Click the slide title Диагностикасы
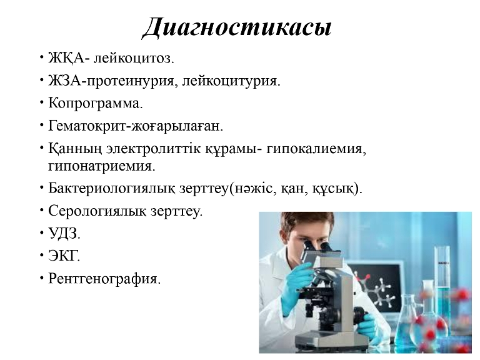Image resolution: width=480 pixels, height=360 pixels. click(237, 28)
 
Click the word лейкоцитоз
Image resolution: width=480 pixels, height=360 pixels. click(134, 58)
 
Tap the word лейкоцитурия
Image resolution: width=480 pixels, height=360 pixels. click(231, 81)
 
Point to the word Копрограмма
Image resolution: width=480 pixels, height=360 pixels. click(96, 104)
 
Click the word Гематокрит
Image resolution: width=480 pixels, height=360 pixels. click(87, 126)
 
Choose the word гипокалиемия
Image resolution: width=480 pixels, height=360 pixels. click(316, 149)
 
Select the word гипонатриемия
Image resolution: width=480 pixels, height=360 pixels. click(102, 166)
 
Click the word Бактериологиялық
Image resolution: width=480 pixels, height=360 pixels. click(112, 188)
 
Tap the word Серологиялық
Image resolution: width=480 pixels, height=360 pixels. click(97, 211)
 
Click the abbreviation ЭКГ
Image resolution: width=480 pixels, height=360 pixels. click(64, 256)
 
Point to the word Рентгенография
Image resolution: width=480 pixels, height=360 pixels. click(104, 279)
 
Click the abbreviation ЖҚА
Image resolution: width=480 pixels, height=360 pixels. click(66, 58)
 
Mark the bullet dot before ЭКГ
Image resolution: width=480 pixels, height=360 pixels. click(42, 256)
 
